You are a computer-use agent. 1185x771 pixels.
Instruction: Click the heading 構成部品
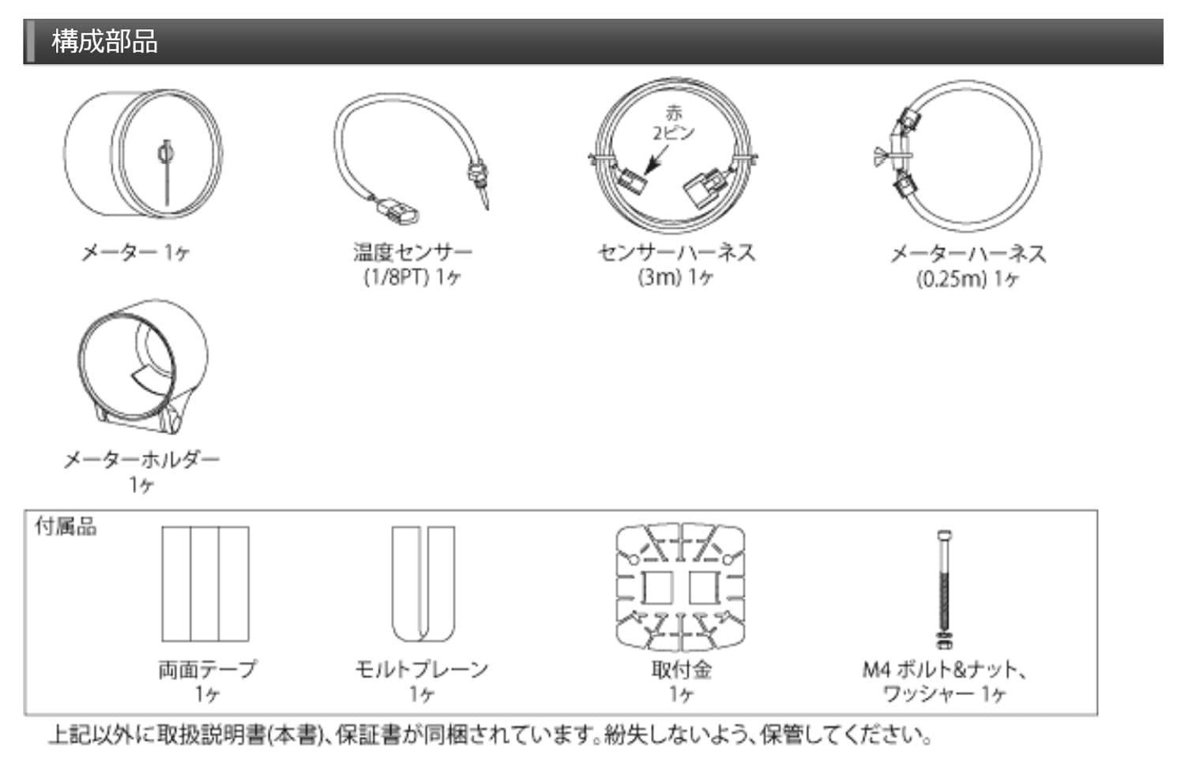coord(105,41)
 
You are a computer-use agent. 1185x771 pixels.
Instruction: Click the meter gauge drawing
coord(143,153)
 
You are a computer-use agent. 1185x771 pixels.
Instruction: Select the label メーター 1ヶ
coord(135,253)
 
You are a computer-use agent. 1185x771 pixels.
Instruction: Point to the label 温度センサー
coord(412,252)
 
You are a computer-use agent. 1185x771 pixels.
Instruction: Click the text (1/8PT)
coord(397,276)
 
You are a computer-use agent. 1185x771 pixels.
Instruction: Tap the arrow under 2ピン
coord(657,159)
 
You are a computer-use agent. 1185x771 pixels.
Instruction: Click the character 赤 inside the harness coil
coord(673,113)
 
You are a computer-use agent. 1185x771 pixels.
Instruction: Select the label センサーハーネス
coord(676,253)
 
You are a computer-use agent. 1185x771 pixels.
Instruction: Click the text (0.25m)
coord(952,279)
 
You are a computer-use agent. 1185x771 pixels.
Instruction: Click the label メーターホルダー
coord(141,459)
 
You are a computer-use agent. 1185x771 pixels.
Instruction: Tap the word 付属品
coord(66,527)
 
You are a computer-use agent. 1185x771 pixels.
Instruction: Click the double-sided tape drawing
coord(205,584)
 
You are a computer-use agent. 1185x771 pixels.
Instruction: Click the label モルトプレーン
coord(422,669)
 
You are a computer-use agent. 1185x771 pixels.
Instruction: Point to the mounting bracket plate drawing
coord(680,588)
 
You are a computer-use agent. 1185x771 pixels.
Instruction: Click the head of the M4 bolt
coord(944,536)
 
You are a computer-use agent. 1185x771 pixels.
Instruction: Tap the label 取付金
coord(681,669)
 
